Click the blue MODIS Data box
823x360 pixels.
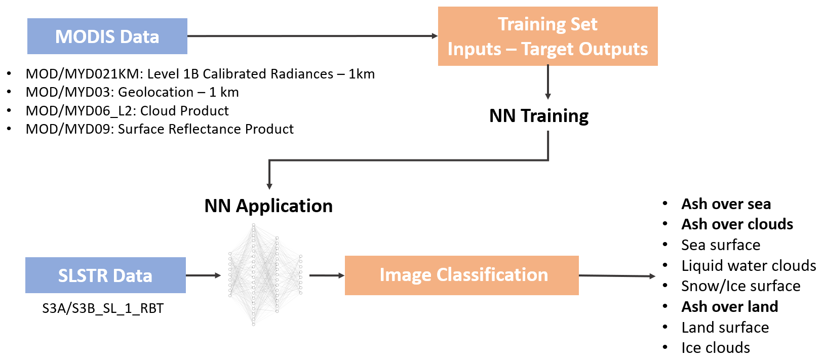click(107, 36)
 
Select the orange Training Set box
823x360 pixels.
click(547, 36)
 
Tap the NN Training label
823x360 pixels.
click(538, 116)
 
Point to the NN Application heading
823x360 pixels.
click(268, 206)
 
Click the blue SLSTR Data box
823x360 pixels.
click(105, 275)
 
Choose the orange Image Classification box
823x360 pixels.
click(461, 275)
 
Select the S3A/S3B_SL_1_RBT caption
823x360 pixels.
click(103, 308)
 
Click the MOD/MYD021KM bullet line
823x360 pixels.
click(200, 74)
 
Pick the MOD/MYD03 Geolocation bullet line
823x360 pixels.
click(132, 92)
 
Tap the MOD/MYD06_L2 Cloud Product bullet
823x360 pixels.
click(127, 111)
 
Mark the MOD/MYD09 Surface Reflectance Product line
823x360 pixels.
click(160, 129)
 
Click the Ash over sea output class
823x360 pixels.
click(726, 204)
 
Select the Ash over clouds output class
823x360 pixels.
click(737, 224)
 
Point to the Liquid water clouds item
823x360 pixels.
click(749, 266)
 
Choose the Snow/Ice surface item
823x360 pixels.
click(740, 286)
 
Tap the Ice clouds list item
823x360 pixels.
click(715, 348)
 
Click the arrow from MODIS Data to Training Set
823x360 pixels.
click(312, 36)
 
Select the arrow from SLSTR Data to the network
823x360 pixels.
click(203, 275)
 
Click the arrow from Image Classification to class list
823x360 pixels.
click(616, 276)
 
